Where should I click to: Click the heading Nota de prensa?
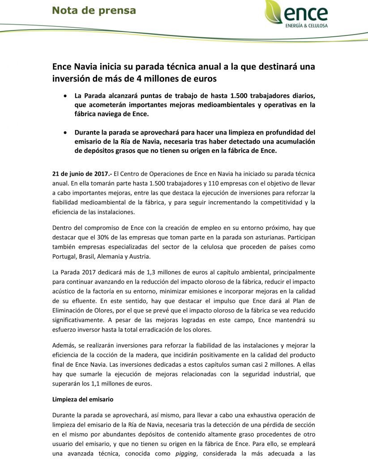pyautogui.click(x=94, y=10)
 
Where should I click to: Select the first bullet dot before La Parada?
pyautogui.click(x=66, y=95)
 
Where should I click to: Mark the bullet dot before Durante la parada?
pyautogui.click(x=66, y=133)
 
